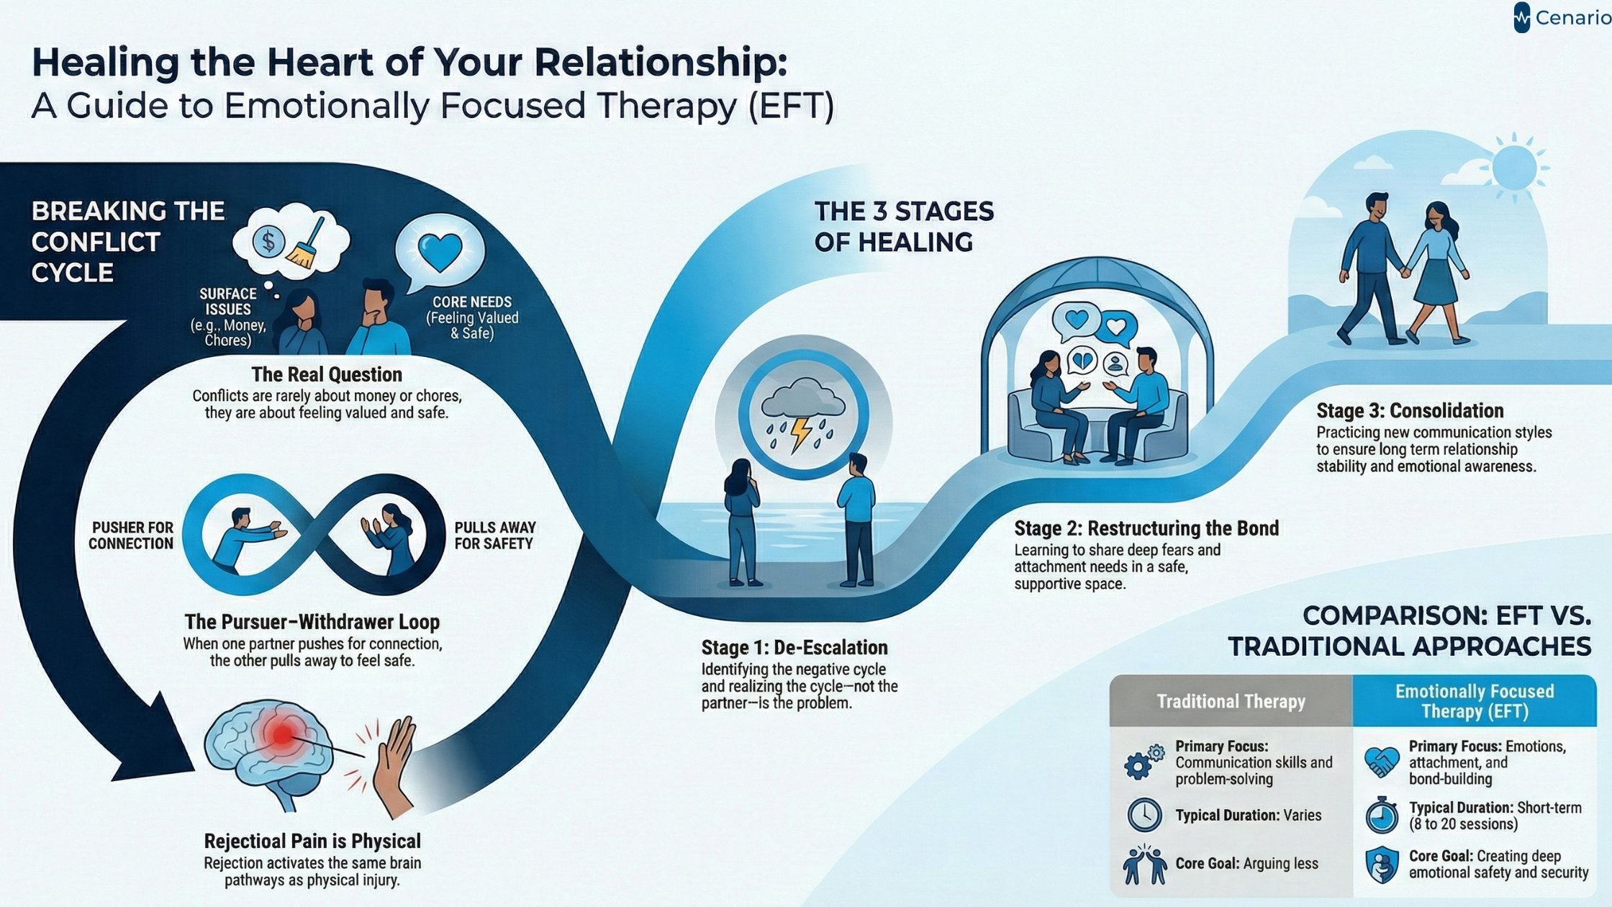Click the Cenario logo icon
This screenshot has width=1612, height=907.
tap(1521, 17)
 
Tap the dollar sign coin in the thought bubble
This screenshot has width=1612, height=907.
tap(268, 242)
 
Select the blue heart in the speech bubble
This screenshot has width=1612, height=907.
tap(440, 251)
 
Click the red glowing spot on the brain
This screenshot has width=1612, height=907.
tap(281, 734)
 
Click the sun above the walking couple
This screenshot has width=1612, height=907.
tap(1514, 168)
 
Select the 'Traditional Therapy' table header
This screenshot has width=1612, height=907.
tap(1231, 701)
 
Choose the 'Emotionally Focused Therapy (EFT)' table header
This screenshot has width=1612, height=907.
tap(1474, 701)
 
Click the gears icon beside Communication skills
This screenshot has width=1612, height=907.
tap(1143, 762)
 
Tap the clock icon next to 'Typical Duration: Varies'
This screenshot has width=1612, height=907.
tap(1144, 815)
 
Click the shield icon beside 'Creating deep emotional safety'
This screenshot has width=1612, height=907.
tap(1382, 865)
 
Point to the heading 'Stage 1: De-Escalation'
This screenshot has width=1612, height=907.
tap(794, 647)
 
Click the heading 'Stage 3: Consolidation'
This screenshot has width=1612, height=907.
tap(1410, 410)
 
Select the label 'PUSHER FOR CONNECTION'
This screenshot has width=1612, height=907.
tap(131, 536)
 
